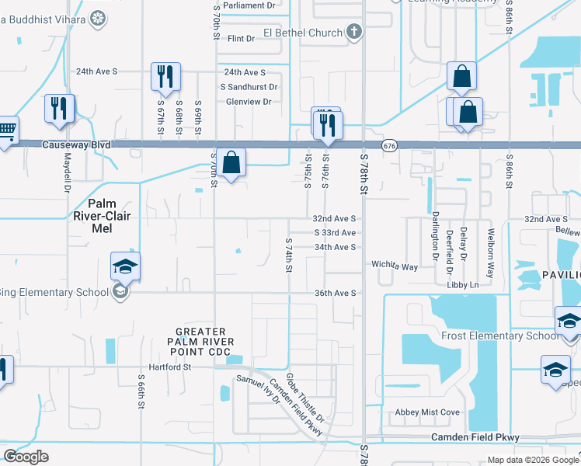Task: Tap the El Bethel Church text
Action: [303, 33]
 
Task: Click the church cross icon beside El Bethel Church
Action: [354, 33]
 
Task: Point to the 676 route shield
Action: [389, 145]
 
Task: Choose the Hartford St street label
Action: [170, 367]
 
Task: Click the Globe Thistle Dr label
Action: [304, 398]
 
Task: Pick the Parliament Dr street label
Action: [250, 5]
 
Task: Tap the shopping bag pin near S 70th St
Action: [231, 163]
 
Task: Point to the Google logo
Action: [26, 457]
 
